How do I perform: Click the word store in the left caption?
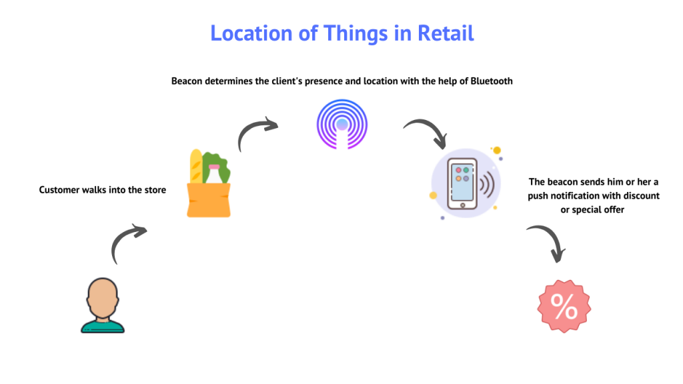(x=155, y=190)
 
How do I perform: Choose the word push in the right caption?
(x=539, y=196)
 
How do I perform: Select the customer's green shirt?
(x=103, y=326)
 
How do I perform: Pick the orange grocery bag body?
(x=208, y=200)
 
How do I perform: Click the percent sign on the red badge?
(x=564, y=307)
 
